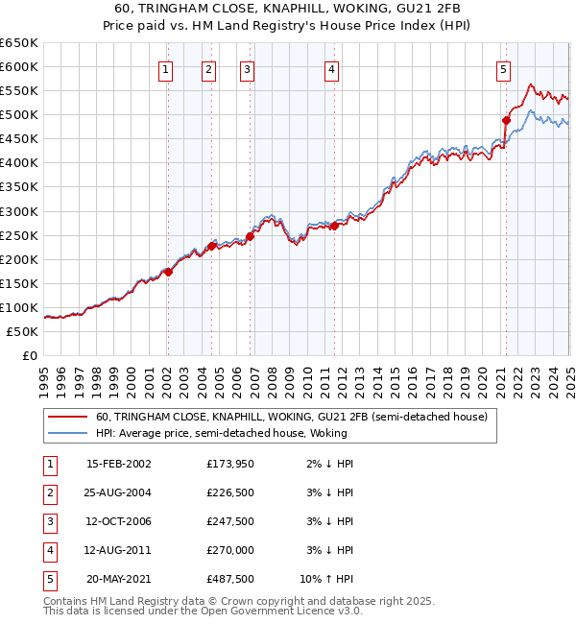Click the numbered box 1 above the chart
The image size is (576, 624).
(166, 68)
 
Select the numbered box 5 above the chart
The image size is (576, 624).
(503, 68)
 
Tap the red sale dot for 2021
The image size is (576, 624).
(506, 120)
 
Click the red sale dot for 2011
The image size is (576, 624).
(334, 226)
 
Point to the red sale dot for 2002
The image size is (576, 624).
(168, 272)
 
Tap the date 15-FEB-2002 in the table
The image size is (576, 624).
(119, 464)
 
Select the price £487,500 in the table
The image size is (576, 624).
(230, 579)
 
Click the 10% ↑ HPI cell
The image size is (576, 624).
(327, 579)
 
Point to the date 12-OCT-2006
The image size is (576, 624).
(119, 521)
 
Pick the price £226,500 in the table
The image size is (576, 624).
(230, 492)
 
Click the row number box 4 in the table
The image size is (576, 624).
(48, 550)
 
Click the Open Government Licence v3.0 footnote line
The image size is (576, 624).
(204, 611)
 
